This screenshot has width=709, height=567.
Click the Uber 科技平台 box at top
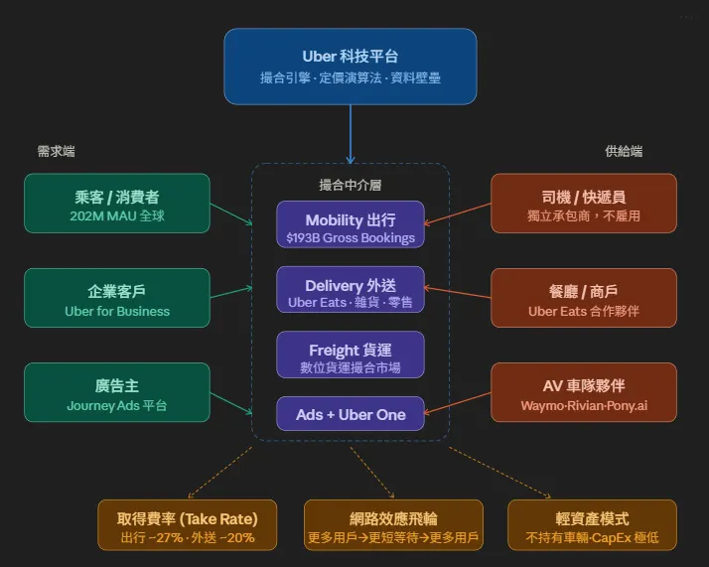coord(350,66)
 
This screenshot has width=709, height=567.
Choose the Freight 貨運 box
coord(350,354)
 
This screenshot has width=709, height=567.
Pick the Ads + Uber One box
coord(350,414)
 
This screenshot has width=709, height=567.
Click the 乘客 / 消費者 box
coord(117,204)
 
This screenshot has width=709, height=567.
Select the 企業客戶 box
coord(117,298)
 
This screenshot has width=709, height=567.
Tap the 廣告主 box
coord(117,392)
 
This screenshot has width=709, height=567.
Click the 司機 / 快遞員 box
coord(584,204)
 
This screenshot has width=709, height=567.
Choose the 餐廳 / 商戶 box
coord(584,298)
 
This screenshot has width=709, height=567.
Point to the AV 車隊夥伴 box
coord(584,392)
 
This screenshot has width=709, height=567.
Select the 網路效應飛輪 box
coord(393,525)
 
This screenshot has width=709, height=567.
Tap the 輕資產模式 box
coord(592,525)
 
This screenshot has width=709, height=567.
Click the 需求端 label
coord(56,152)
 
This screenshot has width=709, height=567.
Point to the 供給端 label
coord(624,152)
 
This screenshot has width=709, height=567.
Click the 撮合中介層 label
coord(350,185)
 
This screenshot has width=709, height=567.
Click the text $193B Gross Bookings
coord(350,238)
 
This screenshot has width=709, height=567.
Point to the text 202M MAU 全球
coord(117,215)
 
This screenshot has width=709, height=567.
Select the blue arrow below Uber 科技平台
coord(350,133)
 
